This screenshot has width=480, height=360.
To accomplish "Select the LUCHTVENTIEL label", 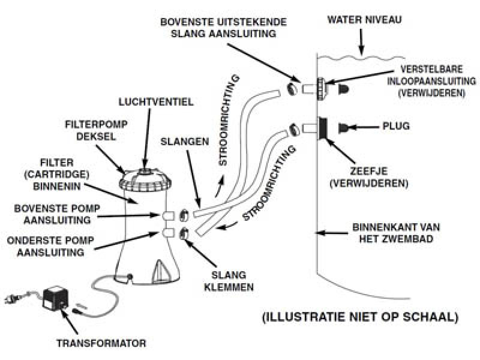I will coord(164,103).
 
